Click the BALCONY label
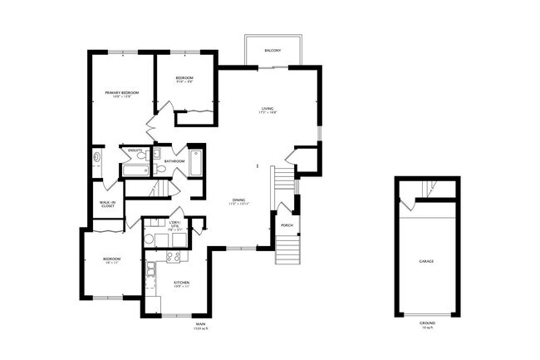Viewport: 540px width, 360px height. (272, 52)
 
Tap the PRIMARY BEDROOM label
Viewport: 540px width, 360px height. (121, 92)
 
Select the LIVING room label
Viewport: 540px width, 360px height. (268, 109)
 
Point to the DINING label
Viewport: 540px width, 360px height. (238, 200)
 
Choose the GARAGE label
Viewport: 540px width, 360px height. (425, 261)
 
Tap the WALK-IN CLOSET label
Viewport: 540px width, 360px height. (107, 203)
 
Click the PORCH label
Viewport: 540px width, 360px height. (286, 224)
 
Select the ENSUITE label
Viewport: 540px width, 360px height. (135, 150)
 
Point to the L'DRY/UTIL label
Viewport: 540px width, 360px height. (174, 225)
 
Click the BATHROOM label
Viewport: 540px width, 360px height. (174, 160)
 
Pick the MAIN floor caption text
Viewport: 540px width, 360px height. (200, 325)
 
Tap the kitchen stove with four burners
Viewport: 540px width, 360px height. (174, 257)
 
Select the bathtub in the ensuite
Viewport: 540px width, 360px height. (135, 170)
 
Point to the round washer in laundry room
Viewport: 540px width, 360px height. (150, 240)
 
